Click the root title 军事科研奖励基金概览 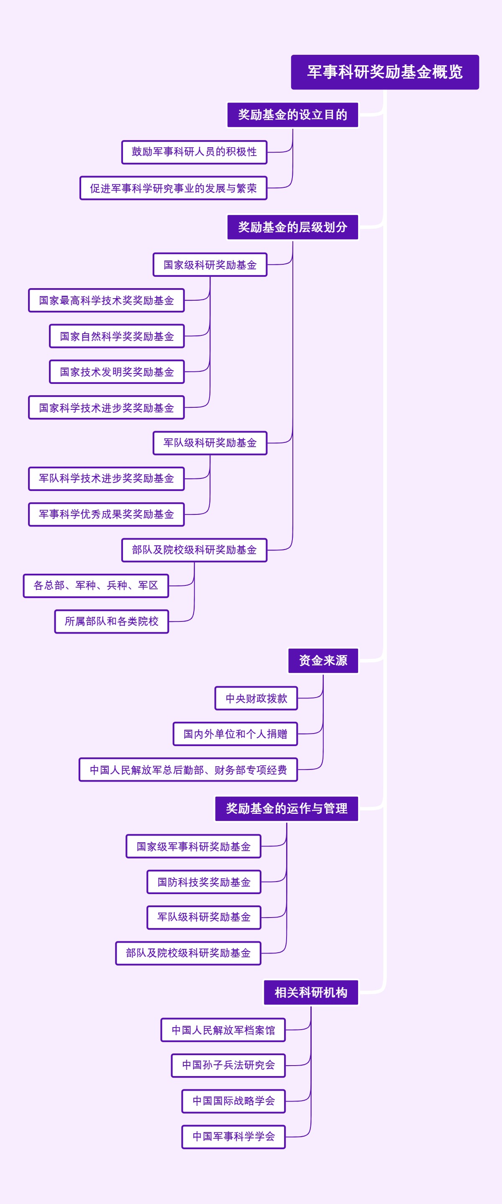[385, 72]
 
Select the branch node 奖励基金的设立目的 [292, 115]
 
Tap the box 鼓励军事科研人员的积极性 [194, 152]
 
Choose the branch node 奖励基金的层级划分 [292, 227]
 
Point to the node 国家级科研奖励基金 [210, 265]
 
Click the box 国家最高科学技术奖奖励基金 [106, 301]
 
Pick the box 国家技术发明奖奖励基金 [117, 372]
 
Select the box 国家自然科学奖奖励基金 [117, 337]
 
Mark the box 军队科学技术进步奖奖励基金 [106, 478]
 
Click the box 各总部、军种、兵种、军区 [96, 585]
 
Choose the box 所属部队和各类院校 [111, 621]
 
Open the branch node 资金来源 [323, 660]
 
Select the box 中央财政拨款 [256, 698]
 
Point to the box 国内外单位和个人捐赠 [235, 734]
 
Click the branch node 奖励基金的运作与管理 [287, 808]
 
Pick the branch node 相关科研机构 [311, 993]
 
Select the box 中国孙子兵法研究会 [228, 1065]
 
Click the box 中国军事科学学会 [233, 1137]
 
